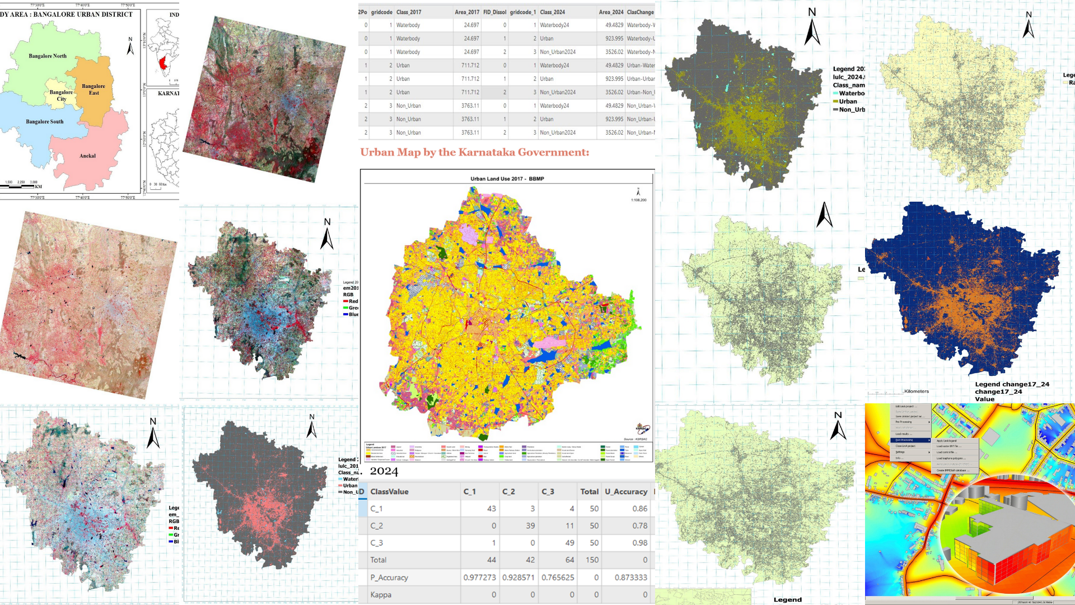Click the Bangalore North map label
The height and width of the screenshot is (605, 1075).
click(x=48, y=56)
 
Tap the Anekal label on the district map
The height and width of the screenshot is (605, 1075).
click(x=87, y=156)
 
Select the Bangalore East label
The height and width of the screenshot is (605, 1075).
click(x=94, y=90)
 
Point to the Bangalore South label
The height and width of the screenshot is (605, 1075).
click(x=45, y=122)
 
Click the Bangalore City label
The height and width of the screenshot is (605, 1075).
click(x=61, y=96)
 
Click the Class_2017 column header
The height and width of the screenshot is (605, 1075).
click(x=409, y=12)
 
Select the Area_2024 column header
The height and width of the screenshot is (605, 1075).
click(x=610, y=12)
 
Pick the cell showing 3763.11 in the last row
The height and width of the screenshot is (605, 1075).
click(x=470, y=133)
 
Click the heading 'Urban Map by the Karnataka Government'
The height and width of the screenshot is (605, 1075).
click(x=474, y=152)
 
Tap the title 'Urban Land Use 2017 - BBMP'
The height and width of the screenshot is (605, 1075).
click(x=507, y=179)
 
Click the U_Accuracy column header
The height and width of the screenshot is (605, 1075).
click(x=626, y=492)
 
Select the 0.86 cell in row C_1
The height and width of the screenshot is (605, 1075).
click(x=639, y=509)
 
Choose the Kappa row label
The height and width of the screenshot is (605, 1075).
click(x=381, y=595)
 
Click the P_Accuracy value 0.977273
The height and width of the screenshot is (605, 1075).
click(x=479, y=578)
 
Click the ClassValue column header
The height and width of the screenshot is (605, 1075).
click(x=389, y=492)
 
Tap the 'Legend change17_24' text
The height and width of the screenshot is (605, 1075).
click(x=1012, y=384)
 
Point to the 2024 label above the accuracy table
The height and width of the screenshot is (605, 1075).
click(x=384, y=472)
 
